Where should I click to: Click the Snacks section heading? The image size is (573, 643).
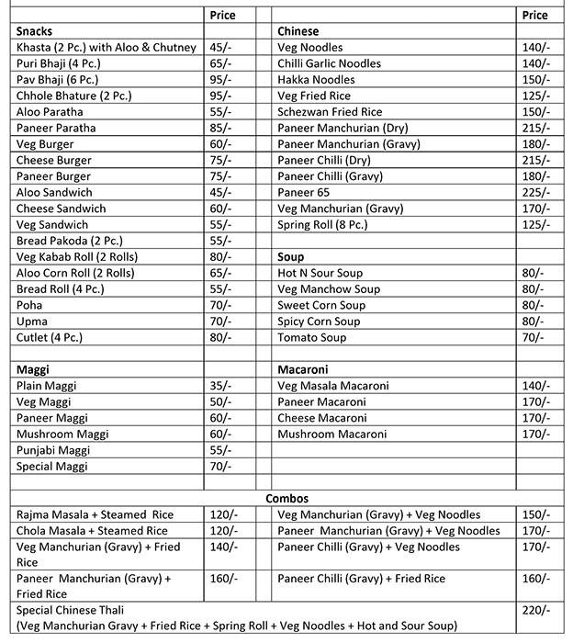pos(34,31)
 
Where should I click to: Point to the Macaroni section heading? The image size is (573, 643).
pos(305,369)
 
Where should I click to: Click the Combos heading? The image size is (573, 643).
pos(286,498)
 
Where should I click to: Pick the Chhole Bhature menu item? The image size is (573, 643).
pos(62,96)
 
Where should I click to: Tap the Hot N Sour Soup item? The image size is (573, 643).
pos(320,273)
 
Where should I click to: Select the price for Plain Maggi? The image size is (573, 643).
pos(221,386)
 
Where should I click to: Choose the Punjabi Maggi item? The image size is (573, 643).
pos(55,450)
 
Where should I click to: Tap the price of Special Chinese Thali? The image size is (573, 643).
pos(535,610)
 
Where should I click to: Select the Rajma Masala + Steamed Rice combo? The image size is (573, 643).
pos(95,514)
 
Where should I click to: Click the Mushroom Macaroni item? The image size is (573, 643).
pos(331,434)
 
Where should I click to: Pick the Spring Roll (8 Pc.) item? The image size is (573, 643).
pos(322,224)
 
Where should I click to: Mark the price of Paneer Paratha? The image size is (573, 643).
pos(221,128)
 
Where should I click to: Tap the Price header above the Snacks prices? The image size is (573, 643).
pos(222,15)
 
